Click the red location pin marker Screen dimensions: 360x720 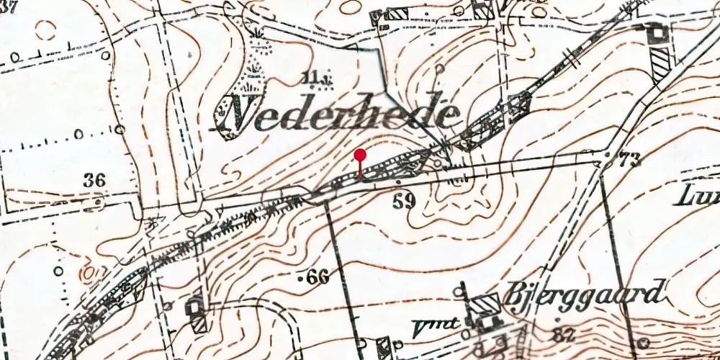click(361, 155)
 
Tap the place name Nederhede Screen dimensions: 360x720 click(338, 114)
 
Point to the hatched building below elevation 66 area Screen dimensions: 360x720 click(197, 314)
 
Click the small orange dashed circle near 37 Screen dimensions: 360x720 click(45, 29)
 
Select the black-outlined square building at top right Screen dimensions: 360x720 click(656, 33)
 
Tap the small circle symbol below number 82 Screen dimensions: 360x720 click(644, 343)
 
